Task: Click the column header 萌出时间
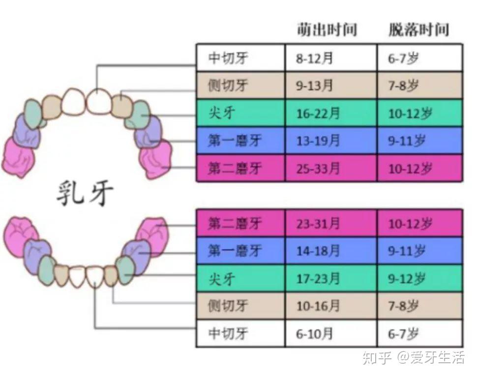(x=326, y=29)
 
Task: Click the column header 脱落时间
(x=418, y=29)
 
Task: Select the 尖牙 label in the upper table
(x=222, y=114)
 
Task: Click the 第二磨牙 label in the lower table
(x=235, y=224)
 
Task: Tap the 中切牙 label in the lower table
(x=228, y=334)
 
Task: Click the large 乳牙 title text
(x=84, y=193)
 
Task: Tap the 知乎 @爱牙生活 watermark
(x=413, y=358)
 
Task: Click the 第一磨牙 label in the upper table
(x=235, y=141)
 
